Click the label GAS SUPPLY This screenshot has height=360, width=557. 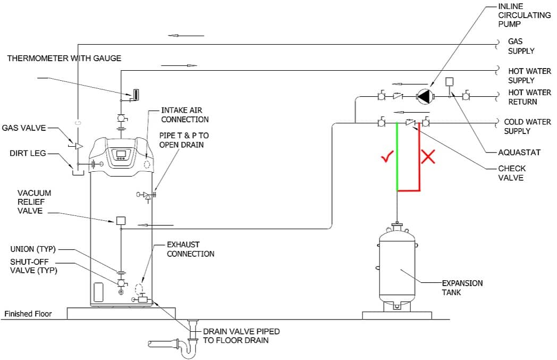point(521,46)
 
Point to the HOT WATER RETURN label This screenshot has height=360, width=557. point(522,97)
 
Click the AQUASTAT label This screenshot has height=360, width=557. point(519,153)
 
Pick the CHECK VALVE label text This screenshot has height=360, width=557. point(512,173)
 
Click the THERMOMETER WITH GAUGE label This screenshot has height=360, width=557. point(64,58)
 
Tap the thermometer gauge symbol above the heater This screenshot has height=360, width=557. point(136,95)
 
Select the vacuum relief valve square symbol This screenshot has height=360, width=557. point(121,220)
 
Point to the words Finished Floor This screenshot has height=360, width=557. point(28,314)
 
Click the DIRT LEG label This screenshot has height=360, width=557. point(27,154)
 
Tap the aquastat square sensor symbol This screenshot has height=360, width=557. point(450,82)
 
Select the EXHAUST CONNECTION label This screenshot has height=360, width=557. point(191,249)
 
